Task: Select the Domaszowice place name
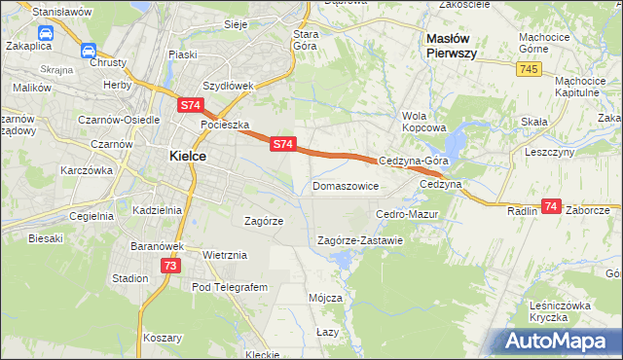(x=346, y=185)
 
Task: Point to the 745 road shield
(x=529, y=68)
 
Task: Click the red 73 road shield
(x=170, y=265)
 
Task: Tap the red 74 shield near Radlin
(x=552, y=206)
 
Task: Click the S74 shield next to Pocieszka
(x=190, y=103)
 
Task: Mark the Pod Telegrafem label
(x=229, y=287)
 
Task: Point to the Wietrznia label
(x=225, y=255)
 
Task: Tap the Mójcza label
(x=325, y=297)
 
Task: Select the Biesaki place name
(x=46, y=237)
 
